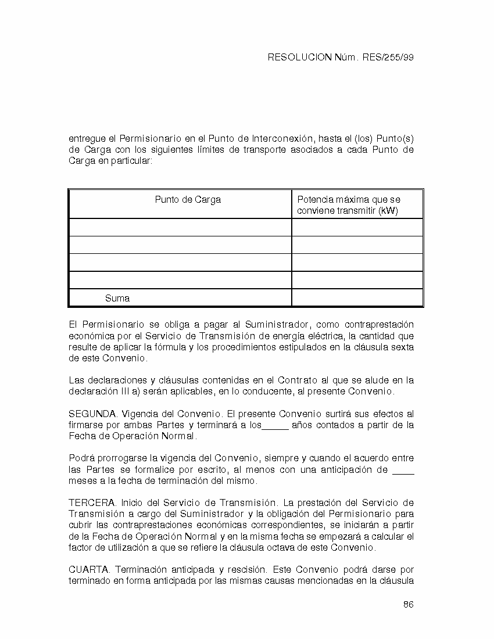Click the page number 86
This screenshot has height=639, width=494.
click(408, 605)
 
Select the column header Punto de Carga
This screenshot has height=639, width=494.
click(187, 200)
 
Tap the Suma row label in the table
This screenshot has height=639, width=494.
click(117, 299)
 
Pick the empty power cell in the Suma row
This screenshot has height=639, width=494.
click(357, 298)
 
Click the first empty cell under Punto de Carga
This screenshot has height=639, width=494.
click(180, 227)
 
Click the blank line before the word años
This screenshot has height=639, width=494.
click(275, 426)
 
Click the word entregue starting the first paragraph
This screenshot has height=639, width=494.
click(87, 139)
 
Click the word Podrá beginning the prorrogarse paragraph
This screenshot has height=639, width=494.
click(82, 458)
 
